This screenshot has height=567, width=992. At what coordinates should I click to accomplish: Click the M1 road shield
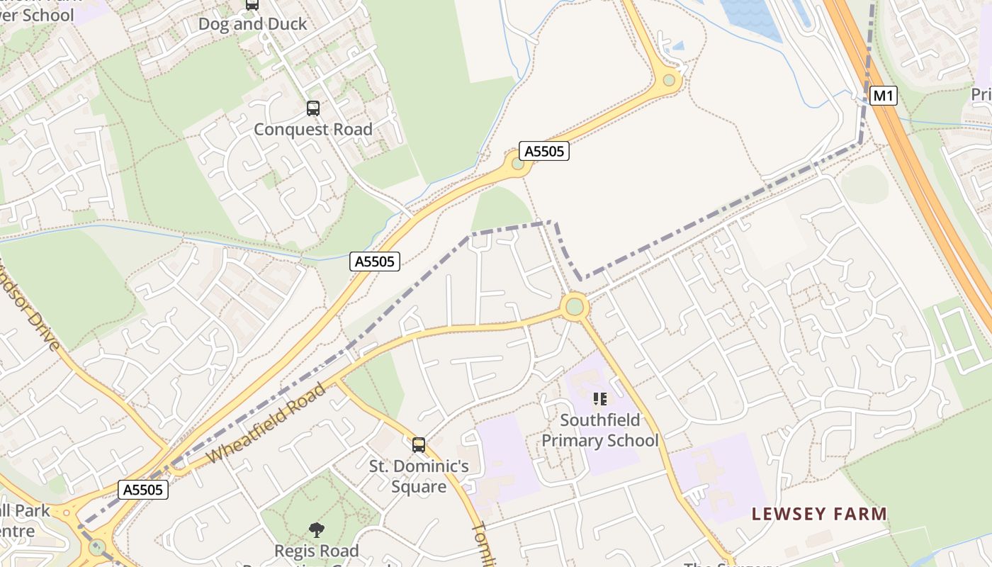pyautogui.click(x=882, y=95)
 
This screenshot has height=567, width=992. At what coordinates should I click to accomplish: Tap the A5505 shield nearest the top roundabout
pyautogui.click(x=544, y=151)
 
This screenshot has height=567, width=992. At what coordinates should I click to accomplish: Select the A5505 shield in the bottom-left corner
pyautogui.click(x=143, y=490)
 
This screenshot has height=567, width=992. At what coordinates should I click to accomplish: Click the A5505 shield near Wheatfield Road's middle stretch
pyautogui.click(x=375, y=262)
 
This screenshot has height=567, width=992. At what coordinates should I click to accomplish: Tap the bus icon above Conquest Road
pyautogui.click(x=312, y=108)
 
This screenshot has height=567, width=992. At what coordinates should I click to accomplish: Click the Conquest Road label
pyautogui.click(x=312, y=130)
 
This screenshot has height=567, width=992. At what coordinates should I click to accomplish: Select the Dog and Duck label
pyautogui.click(x=252, y=24)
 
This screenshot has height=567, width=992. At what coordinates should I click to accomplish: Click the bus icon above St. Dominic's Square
pyautogui.click(x=419, y=445)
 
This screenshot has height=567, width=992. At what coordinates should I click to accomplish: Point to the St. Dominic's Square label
pyautogui.click(x=419, y=476)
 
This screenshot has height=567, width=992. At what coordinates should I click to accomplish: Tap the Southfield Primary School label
pyautogui.click(x=599, y=431)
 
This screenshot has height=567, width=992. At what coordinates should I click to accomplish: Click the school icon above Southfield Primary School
pyautogui.click(x=600, y=399)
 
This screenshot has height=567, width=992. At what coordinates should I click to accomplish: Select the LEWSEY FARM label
pyautogui.click(x=819, y=514)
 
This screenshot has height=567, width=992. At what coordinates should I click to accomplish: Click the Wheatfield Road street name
pyautogui.click(x=269, y=424)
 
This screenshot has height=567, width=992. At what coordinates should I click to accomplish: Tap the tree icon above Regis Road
pyautogui.click(x=316, y=529)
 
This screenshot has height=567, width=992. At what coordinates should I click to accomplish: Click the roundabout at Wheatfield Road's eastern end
pyautogui.click(x=575, y=307)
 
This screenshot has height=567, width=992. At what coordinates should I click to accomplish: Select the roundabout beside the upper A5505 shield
pyautogui.click(x=518, y=164)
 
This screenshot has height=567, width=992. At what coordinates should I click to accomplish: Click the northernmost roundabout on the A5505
pyautogui.click(x=669, y=80)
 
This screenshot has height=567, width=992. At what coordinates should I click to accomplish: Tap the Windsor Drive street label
pyautogui.click(x=32, y=312)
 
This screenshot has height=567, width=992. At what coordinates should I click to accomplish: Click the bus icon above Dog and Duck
pyautogui.click(x=252, y=4)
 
